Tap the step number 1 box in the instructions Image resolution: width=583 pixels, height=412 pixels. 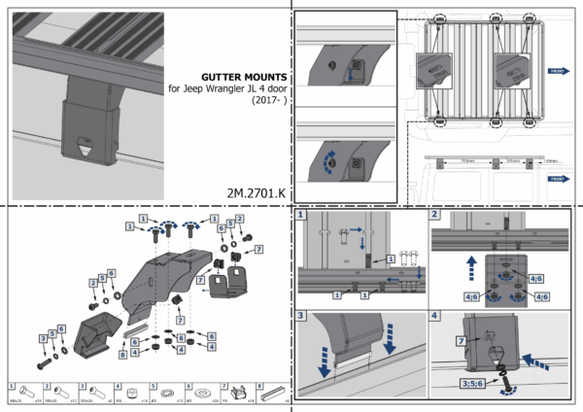coord(302,215)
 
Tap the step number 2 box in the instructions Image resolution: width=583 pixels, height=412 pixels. coord(435,215)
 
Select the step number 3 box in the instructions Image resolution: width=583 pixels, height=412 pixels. coord(302,315)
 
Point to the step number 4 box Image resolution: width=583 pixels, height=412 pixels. coord(435,315)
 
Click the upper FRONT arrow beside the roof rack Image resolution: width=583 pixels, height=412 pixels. coord(559,71)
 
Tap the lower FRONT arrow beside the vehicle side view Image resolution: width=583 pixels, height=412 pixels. coord(559,179)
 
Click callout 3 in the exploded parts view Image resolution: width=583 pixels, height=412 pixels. coord(44,337)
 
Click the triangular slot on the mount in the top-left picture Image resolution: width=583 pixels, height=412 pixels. coord(85,148)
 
